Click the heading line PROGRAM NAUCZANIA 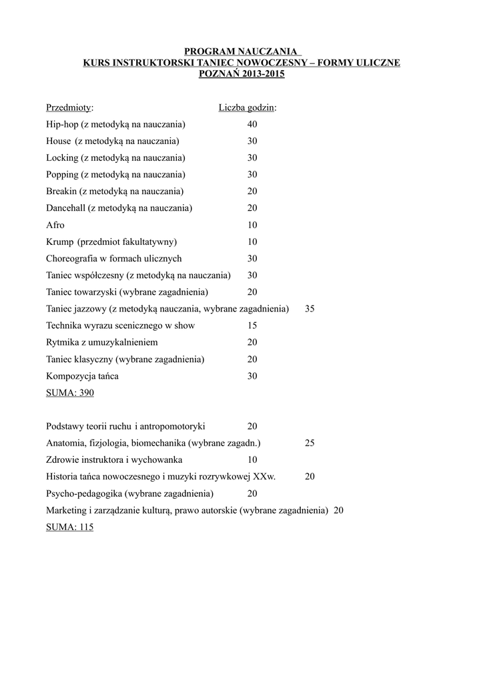241,51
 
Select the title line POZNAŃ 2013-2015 241,74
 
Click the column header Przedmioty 69,107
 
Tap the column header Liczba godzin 248,107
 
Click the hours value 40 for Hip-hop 252,124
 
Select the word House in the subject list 58,141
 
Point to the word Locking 62,158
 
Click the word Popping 63,175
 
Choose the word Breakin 61,191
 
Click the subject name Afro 55,225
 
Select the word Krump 59,241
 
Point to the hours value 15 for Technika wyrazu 252,325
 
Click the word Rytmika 63,342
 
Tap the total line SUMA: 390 70,393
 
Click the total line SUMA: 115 70,527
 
